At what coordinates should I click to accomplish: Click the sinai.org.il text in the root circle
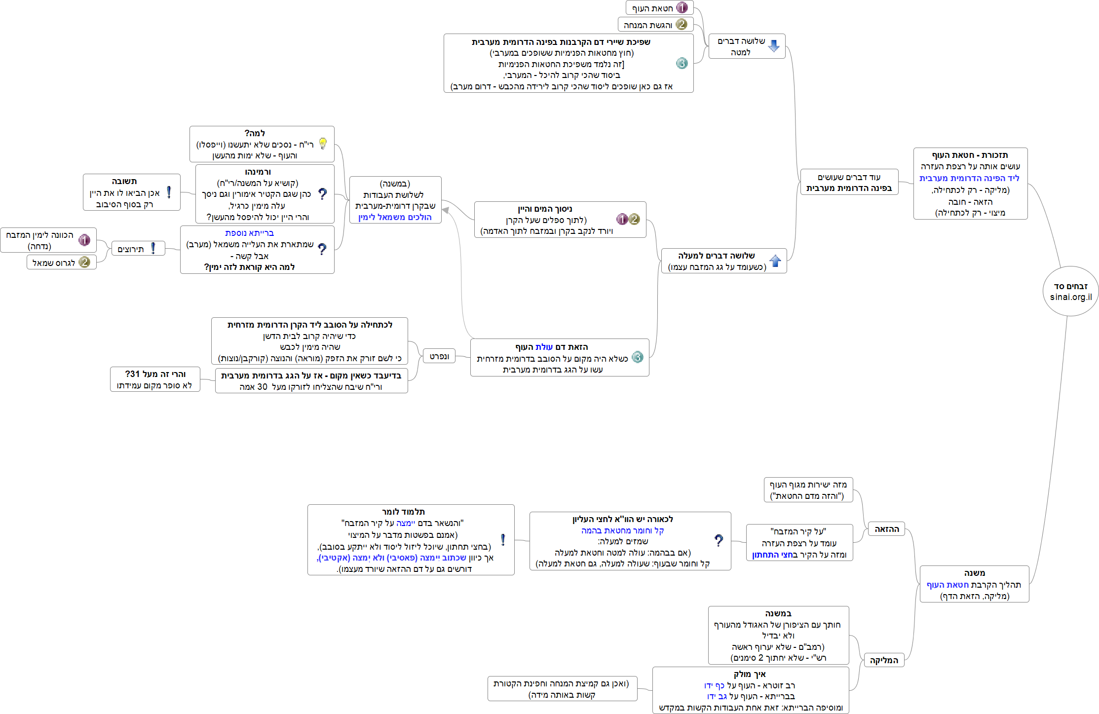tap(1070, 297)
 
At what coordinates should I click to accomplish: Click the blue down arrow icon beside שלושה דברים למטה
tap(774, 46)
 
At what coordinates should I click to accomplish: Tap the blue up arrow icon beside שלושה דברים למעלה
tap(775, 261)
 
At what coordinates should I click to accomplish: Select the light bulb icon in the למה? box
tap(323, 144)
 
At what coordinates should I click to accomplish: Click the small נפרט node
tap(439, 356)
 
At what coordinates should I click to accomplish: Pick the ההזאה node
tap(886, 529)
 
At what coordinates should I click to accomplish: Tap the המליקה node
tap(884, 660)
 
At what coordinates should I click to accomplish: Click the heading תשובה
tap(124, 181)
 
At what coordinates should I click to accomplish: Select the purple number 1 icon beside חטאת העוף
tap(682, 7)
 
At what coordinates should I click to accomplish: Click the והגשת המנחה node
tap(648, 25)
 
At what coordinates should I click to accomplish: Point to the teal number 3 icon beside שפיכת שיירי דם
tap(682, 63)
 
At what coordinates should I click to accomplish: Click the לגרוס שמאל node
tap(54, 263)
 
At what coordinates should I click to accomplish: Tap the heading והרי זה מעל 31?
tap(155, 374)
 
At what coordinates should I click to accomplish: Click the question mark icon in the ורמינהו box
tap(322, 194)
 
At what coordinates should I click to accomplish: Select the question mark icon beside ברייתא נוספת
tap(322, 249)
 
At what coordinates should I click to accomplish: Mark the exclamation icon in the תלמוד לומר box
tap(503, 540)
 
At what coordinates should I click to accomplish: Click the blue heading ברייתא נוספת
tap(249, 233)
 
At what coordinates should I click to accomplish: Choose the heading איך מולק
tap(750, 674)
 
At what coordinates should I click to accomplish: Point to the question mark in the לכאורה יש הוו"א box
tap(719, 541)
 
